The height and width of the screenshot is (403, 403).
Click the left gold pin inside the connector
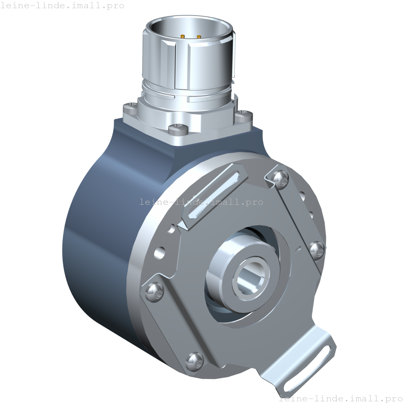coord(183,37)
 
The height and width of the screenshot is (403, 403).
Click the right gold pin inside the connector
coord(199,37)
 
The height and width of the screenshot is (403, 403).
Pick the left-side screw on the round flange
coord(155,292)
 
